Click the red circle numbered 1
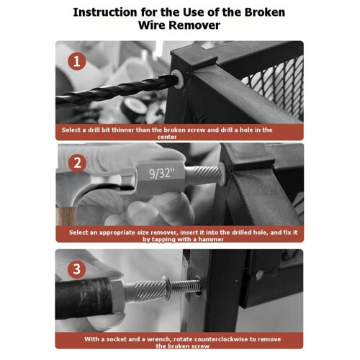(77, 61)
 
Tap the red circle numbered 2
(77, 163)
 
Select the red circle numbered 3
(77, 269)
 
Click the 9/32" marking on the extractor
(161, 173)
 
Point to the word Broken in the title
(265, 12)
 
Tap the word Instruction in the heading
(105, 12)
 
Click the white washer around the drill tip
(179, 78)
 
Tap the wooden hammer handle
(66, 216)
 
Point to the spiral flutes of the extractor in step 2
(204, 175)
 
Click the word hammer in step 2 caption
(211, 239)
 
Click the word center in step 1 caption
(167, 137)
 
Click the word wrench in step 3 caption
(159, 339)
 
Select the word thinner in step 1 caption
(123, 130)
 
